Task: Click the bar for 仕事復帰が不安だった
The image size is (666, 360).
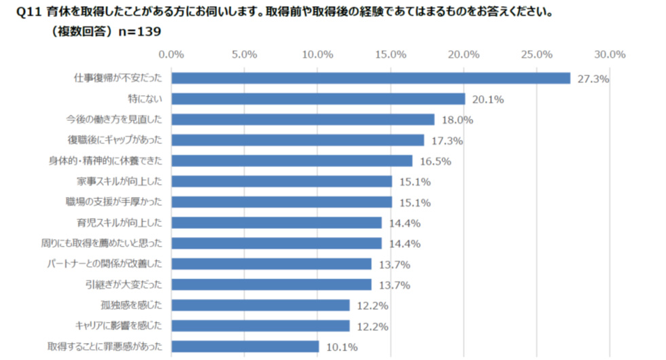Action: [370, 78]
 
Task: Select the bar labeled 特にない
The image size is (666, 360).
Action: [318, 99]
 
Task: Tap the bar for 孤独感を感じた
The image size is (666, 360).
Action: [260, 305]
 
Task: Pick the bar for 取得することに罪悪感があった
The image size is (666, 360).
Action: [245, 346]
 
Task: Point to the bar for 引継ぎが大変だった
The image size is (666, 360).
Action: [271, 285]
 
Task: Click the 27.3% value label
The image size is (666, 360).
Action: [593, 79]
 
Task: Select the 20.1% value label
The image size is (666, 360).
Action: [487, 100]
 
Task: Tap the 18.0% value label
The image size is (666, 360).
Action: [457, 120]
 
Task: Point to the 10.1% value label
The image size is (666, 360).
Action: [341, 347]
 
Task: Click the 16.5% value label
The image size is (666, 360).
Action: [435, 161]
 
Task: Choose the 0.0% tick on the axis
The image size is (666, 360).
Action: [171, 54]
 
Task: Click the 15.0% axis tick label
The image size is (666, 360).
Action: [391, 54]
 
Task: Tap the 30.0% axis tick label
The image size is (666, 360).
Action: [610, 54]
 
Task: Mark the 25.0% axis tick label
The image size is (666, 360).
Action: [537, 54]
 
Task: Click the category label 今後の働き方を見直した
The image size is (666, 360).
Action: [114, 120]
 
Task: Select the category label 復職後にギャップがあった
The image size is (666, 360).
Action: [115, 140]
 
